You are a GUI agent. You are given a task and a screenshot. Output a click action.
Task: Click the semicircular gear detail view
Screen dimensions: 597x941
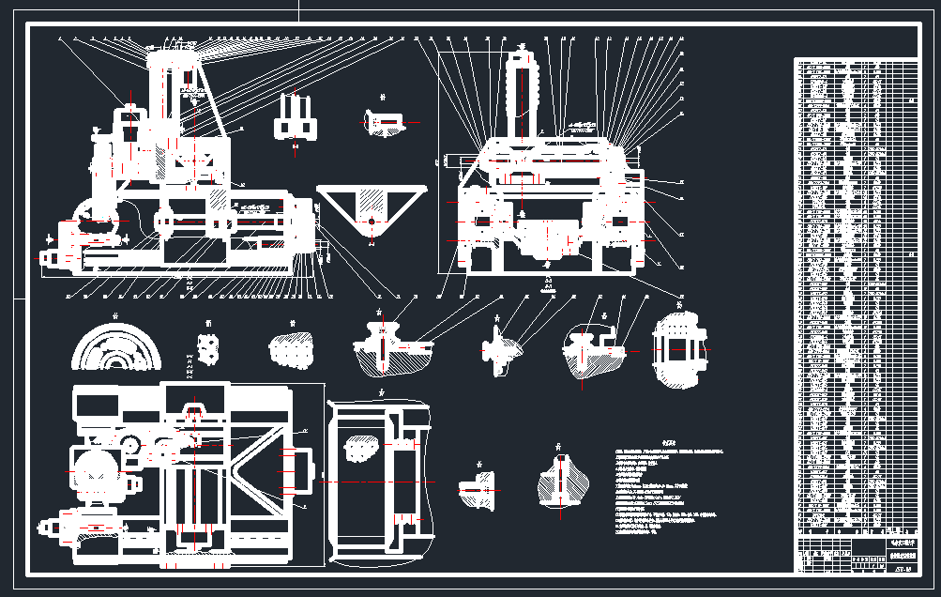[117, 348]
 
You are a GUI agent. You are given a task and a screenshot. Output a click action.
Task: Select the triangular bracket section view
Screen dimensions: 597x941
[372, 211]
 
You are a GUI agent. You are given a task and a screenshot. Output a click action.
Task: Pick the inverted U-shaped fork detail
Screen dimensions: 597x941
[296, 118]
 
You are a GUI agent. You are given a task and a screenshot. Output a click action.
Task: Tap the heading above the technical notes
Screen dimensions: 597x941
[668, 440]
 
